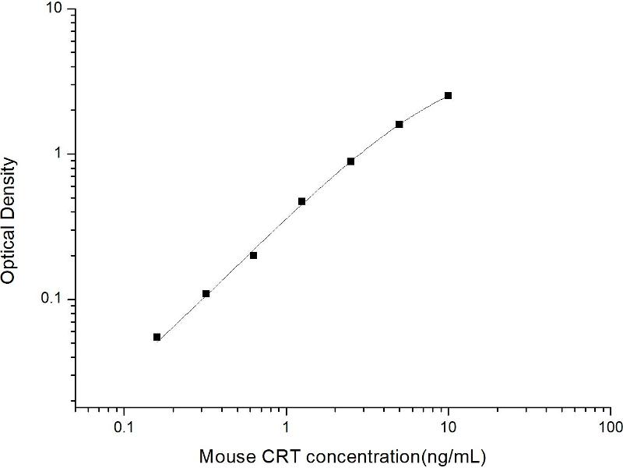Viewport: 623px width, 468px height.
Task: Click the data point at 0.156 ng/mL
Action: tap(157, 337)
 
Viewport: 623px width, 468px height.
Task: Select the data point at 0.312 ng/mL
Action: tap(206, 293)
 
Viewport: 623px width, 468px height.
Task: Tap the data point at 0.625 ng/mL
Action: tap(253, 255)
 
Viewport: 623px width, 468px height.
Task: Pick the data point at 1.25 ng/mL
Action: tap(301, 201)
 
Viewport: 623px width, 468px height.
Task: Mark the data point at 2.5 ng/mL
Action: tap(350, 161)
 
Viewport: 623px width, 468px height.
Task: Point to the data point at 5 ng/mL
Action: tap(399, 124)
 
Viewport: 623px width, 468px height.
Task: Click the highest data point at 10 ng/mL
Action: tap(448, 95)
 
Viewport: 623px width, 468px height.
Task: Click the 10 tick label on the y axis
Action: tap(56, 9)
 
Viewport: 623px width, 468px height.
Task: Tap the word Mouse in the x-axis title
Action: tap(224, 454)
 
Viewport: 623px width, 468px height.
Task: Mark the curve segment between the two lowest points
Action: tap(181, 315)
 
